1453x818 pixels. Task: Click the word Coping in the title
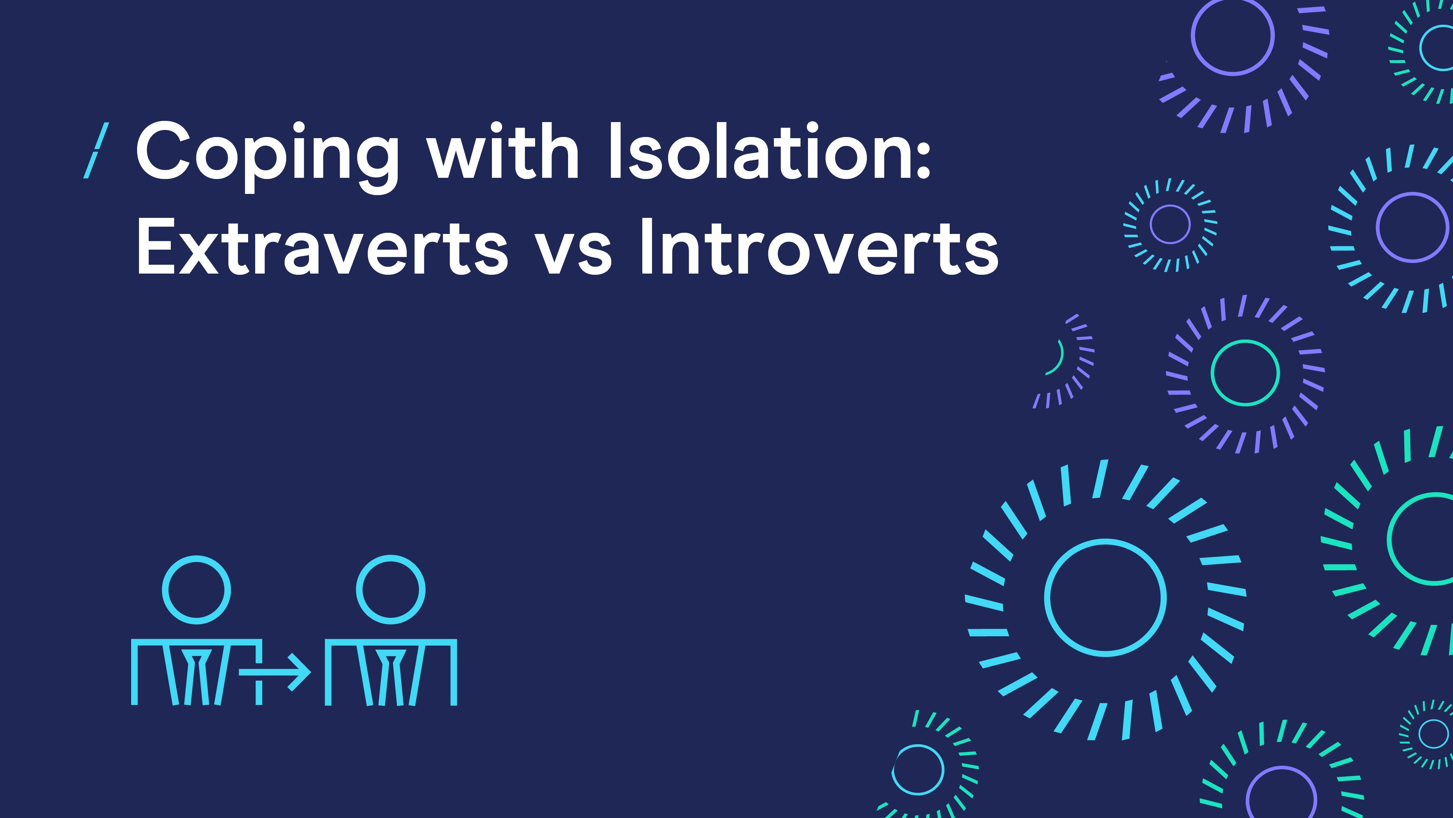point(267,157)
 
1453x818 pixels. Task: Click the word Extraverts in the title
point(322,247)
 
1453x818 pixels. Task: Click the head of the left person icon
point(196,590)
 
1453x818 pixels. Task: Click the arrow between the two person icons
point(275,672)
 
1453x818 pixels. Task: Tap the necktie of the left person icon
point(197,677)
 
